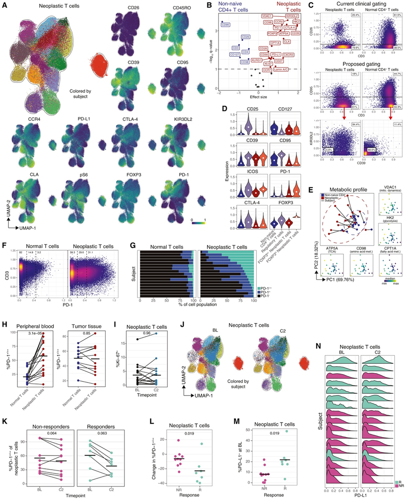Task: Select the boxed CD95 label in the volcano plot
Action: point(226,25)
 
